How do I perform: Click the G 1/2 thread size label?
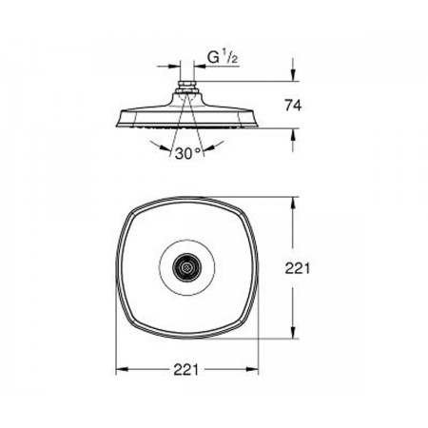pos(223,57)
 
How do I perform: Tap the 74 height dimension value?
pos(293,106)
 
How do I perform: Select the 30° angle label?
pos(188,153)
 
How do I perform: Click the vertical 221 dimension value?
pos(297,268)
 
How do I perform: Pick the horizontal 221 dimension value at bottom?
pos(186,369)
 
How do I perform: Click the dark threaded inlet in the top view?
pos(186,267)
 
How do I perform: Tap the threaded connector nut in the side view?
pos(187,85)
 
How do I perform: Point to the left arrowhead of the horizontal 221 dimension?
pos(122,369)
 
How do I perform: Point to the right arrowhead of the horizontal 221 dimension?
pos(252,369)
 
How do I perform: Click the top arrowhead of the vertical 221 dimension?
pos(293,203)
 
